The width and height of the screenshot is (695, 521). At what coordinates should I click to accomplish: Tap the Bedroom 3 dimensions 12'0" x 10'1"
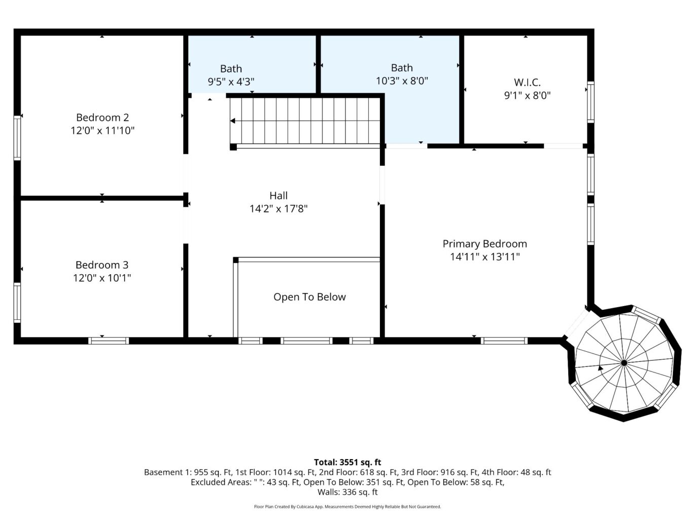pyautogui.click(x=102, y=278)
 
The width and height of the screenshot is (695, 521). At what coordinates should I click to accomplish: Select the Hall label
pyautogui.click(x=279, y=196)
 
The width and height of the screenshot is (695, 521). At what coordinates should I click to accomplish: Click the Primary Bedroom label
pyautogui.click(x=484, y=244)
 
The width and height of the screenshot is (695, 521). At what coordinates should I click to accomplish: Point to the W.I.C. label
pyautogui.click(x=527, y=82)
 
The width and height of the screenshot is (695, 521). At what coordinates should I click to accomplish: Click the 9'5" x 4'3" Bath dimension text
pyautogui.click(x=231, y=81)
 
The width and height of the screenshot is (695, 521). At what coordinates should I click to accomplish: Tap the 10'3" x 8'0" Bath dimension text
pyautogui.click(x=402, y=81)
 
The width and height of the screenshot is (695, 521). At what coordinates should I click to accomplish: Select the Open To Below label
pyautogui.click(x=309, y=297)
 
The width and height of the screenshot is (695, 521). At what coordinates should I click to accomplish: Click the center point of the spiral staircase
pyautogui.click(x=624, y=363)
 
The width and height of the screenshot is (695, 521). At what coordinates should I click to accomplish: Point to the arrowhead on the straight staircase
pyautogui.click(x=233, y=121)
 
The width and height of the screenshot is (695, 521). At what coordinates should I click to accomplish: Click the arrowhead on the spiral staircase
pyautogui.click(x=600, y=368)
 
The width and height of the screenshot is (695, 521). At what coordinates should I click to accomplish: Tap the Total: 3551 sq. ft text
pyautogui.click(x=347, y=462)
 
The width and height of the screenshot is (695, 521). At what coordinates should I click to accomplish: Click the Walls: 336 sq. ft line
pyautogui.click(x=347, y=492)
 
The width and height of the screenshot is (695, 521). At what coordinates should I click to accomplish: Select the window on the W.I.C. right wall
pyautogui.click(x=590, y=102)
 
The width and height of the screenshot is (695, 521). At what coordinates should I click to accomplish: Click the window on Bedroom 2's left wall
pyautogui.click(x=17, y=138)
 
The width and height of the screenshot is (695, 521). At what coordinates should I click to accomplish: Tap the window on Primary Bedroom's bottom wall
pyautogui.click(x=504, y=341)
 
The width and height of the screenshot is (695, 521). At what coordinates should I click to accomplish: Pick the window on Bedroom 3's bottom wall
pyautogui.click(x=109, y=341)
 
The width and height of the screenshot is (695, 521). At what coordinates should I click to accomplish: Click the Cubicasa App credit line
pyautogui.click(x=347, y=507)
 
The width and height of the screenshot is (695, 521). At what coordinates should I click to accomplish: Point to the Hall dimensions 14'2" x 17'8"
pyautogui.click(x=279, y=208)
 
